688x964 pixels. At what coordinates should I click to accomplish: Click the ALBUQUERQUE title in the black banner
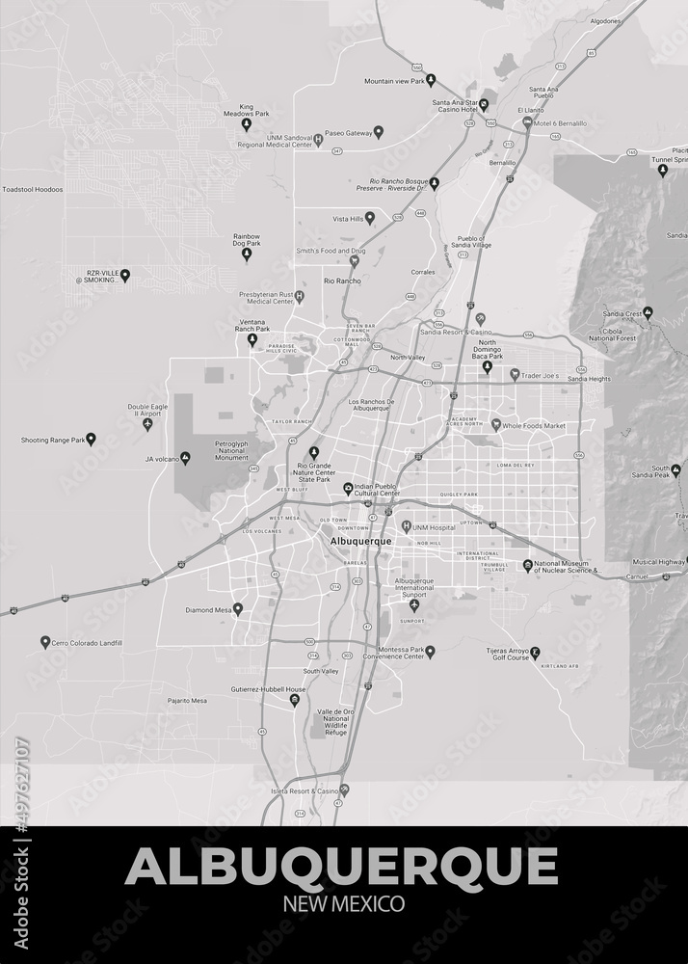tap(341, 866)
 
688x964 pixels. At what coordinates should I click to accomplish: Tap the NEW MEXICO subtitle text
tap(343, 904)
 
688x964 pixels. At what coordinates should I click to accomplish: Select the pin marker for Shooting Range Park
tap(92, 439)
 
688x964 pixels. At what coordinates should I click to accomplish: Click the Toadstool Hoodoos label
tap(33, 189)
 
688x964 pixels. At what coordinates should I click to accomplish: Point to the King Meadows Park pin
tap(246, 124)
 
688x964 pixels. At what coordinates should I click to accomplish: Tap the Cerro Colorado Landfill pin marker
tap(44, 641)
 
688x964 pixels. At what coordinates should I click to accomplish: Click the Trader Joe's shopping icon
tap(515, 374)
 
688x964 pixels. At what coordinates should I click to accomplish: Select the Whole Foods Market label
tap(534, 425)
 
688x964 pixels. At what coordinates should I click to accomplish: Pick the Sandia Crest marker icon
tap(648, 312)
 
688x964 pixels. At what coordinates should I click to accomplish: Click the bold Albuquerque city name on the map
tap(360, 541)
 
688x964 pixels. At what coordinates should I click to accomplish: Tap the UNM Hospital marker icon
tap(407, 526)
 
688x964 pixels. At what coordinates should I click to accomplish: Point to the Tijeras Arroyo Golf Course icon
tap(536, 653)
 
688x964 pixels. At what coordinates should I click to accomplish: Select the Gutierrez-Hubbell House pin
tap(295, 700)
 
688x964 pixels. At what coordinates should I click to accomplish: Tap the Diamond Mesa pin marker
tap(238, 608)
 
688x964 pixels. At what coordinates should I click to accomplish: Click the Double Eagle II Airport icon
tap(147, 423)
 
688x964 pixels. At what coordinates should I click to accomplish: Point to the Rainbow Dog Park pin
tap(246, 254)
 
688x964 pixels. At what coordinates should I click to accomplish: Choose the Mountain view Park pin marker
tap(431, 79)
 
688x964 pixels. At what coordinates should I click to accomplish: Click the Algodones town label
tap(604, 20)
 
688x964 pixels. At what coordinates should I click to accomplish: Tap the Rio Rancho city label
tap(342, 281)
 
